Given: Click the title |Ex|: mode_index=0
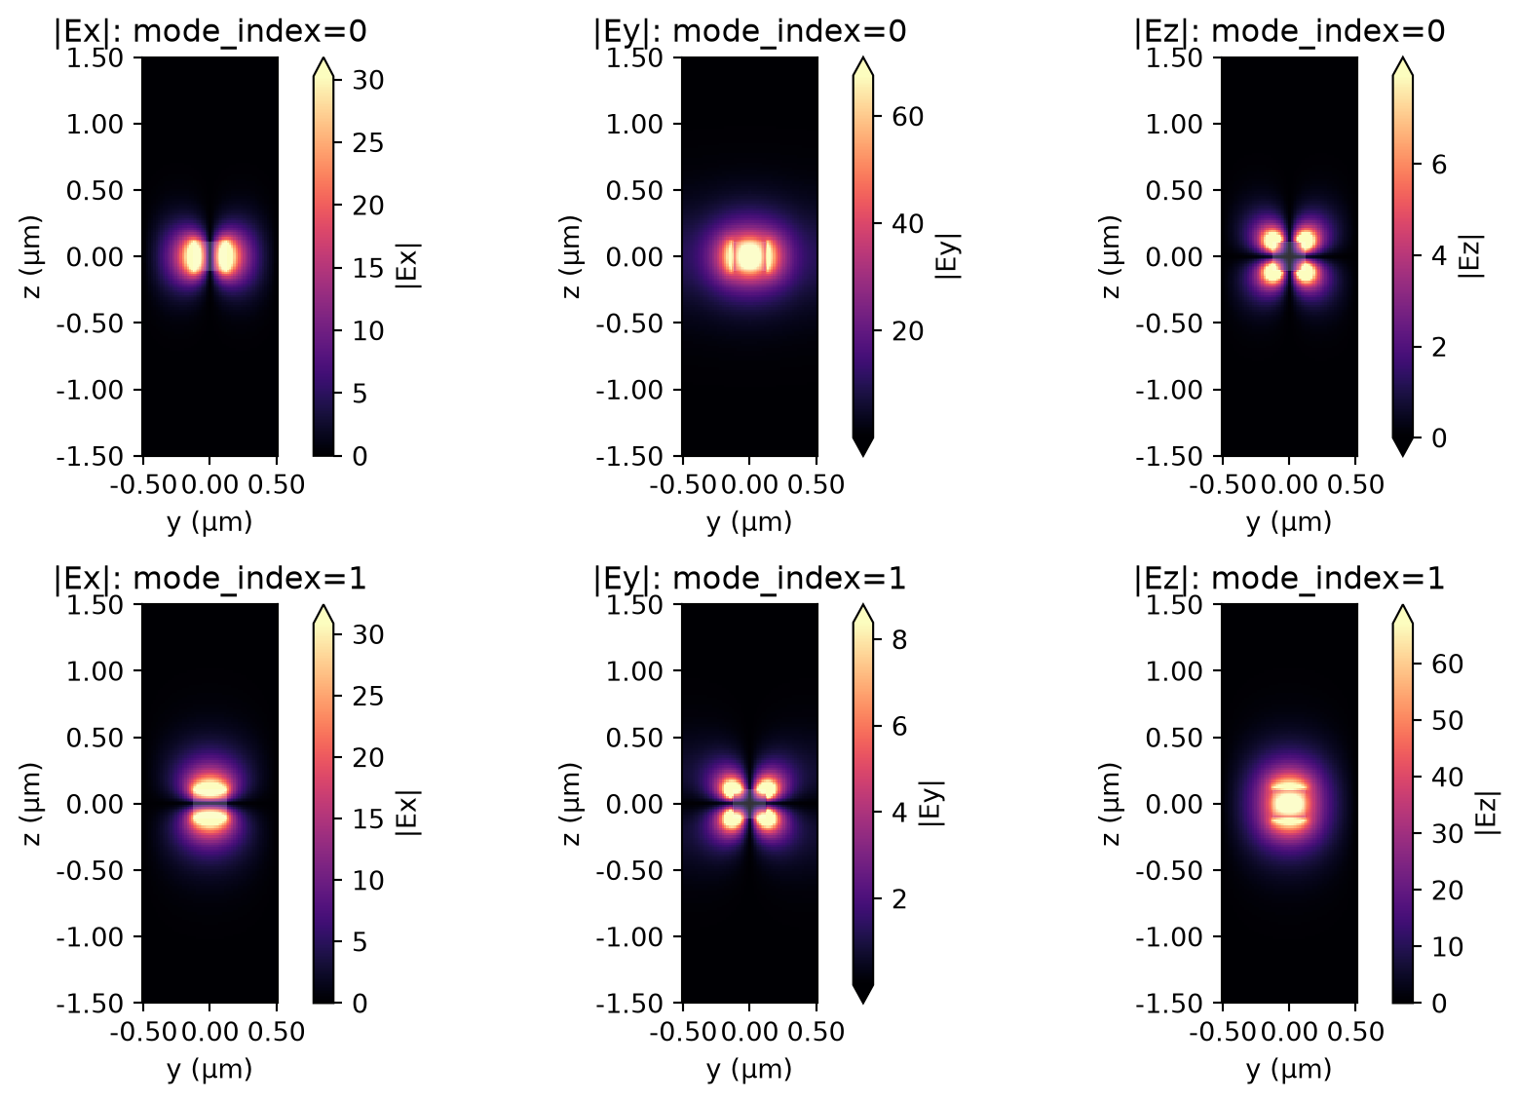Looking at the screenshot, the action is coord(210,31).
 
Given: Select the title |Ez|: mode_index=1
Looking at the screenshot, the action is coord(1289,579).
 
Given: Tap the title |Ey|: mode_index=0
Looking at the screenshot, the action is coord(749,31).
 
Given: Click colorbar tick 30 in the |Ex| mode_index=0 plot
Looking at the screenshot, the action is coord(368,80).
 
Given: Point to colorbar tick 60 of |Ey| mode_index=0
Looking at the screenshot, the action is coord(907,117).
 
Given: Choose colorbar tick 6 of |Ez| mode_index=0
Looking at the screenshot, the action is coord(1439,164).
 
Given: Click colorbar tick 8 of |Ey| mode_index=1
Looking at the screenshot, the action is coord(899,640).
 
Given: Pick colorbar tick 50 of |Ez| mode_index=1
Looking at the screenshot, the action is coord(1447,720).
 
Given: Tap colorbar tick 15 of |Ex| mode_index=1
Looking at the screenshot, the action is coord(368,818).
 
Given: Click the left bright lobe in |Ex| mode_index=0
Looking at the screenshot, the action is coord(194,256).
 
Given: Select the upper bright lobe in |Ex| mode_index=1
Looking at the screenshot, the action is coord(210,788).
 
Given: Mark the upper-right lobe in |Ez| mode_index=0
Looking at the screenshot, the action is coord(1306,240).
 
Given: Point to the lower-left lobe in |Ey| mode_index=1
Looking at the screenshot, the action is coord(733,818).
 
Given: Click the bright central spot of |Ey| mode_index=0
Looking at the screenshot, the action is coord(749,256).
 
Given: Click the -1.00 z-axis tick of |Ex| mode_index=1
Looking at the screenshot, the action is coord(91,936).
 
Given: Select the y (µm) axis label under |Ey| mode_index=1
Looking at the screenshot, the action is coord(749,1070).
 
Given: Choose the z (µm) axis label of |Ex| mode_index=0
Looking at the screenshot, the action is coord(31,256).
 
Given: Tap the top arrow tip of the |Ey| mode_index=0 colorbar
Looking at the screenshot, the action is coord(862,58).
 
